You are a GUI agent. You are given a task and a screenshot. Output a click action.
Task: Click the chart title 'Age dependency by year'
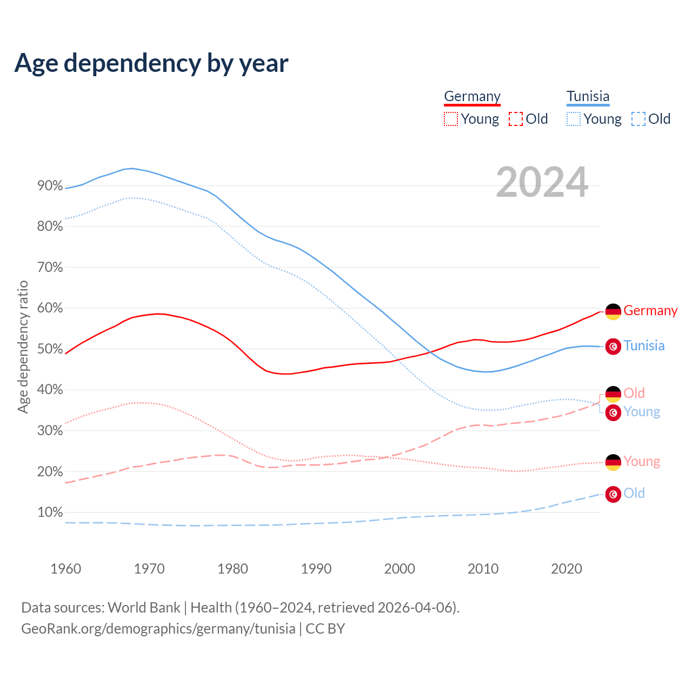coord(151,63)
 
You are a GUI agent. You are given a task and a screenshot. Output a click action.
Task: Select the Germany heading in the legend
coord(472,97)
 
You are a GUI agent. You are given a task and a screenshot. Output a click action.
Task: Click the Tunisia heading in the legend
coord(588,97)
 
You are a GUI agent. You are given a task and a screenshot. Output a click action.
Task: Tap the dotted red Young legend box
coord(450,119)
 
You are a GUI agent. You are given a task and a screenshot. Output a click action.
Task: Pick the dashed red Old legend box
coord(516,119)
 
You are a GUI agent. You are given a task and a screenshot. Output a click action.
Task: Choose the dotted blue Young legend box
coord(574,119)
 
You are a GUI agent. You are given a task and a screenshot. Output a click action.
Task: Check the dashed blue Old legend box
coord(638,119)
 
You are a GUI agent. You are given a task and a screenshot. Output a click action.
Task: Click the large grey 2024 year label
coord(542,183)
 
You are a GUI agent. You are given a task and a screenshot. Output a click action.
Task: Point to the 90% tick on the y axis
coord(50,186)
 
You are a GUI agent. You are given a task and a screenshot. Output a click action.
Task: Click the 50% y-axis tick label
coord(50,349)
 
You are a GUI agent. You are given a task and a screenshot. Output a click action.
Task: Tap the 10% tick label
coord(50,513)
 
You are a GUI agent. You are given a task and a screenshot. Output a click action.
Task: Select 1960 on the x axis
coord(65,569)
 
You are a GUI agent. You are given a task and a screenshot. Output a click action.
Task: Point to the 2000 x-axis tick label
coord(400,569)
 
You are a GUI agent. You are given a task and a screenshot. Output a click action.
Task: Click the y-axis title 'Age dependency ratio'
coord(23,347)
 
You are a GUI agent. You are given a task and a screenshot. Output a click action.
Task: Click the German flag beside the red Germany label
coord(613,311)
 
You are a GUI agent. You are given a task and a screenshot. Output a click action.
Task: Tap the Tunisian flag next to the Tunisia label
coord(613,347)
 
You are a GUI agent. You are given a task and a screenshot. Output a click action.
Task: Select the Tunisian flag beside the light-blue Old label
coord(613,494)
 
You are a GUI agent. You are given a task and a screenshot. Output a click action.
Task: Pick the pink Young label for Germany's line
coord(642,462)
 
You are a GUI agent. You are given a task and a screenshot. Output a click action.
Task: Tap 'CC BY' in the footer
coord(325,629)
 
